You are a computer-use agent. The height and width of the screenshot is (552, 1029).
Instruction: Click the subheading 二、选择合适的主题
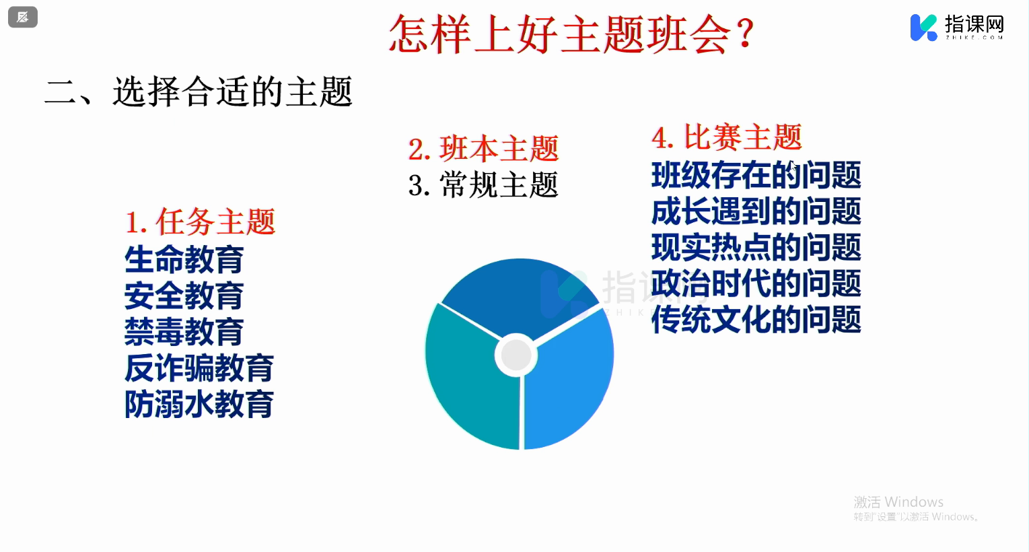[x=199, y=92]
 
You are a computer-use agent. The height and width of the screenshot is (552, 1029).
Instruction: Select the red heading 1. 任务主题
[x=201, y=222]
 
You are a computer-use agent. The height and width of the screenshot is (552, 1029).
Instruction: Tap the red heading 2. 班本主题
[x=483, y=149]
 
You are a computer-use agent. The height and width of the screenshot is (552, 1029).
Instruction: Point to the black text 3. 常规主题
[x=483, y=184]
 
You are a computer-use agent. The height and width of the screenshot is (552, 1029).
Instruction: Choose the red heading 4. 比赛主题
[x=727, y=137]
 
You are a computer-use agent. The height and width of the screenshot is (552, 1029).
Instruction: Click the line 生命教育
[x=184, y=259]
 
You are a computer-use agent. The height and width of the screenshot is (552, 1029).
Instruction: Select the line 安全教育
[x=184, y=296]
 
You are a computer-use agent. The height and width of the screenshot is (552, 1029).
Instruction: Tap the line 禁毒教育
[x=184, y=332]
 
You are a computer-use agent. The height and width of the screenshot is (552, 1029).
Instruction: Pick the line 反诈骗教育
[x=199, y=368]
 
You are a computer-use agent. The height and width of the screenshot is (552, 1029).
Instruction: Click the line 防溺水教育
[x=199, y=405]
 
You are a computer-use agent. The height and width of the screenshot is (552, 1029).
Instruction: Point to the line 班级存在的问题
[x=756, y=175]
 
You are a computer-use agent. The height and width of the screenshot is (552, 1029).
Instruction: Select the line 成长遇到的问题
[x=756, y=211]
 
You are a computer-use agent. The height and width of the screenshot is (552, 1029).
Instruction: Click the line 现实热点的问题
[x=756, y=247]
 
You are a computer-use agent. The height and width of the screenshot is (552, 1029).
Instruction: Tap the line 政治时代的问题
[x=756, y=283]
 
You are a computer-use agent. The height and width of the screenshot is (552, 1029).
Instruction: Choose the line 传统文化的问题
[x=756, y=320]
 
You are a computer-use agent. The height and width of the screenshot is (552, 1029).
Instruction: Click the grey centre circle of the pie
[x=516, y=355]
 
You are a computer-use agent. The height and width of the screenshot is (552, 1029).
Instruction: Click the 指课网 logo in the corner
[x=957, y=28]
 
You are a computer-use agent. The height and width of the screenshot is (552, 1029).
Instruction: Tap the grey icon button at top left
[x=22, y=18]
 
